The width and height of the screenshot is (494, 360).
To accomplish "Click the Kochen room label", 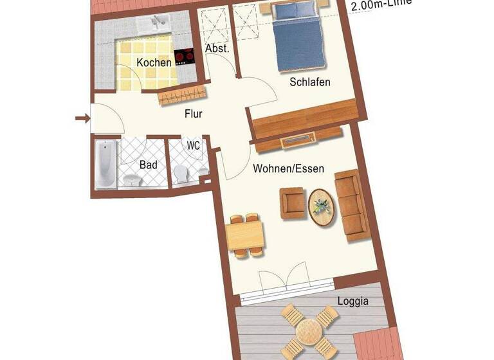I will [154, 62].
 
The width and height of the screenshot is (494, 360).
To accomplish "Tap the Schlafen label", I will [310, 82].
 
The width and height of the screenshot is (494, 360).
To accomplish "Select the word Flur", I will [194, 114].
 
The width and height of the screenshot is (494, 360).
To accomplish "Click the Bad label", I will [149, 165].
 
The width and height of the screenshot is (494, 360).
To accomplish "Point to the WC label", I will [194, 146].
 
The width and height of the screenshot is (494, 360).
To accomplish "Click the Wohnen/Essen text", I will [288, 168].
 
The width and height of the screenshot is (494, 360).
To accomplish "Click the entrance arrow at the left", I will [82, 118].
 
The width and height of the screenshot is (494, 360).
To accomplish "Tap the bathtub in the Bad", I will [105, 164].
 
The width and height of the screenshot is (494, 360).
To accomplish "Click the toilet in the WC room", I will [181, 172].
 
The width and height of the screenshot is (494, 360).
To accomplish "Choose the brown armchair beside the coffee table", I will [293, 203].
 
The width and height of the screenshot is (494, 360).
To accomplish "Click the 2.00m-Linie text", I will [380, 5].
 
